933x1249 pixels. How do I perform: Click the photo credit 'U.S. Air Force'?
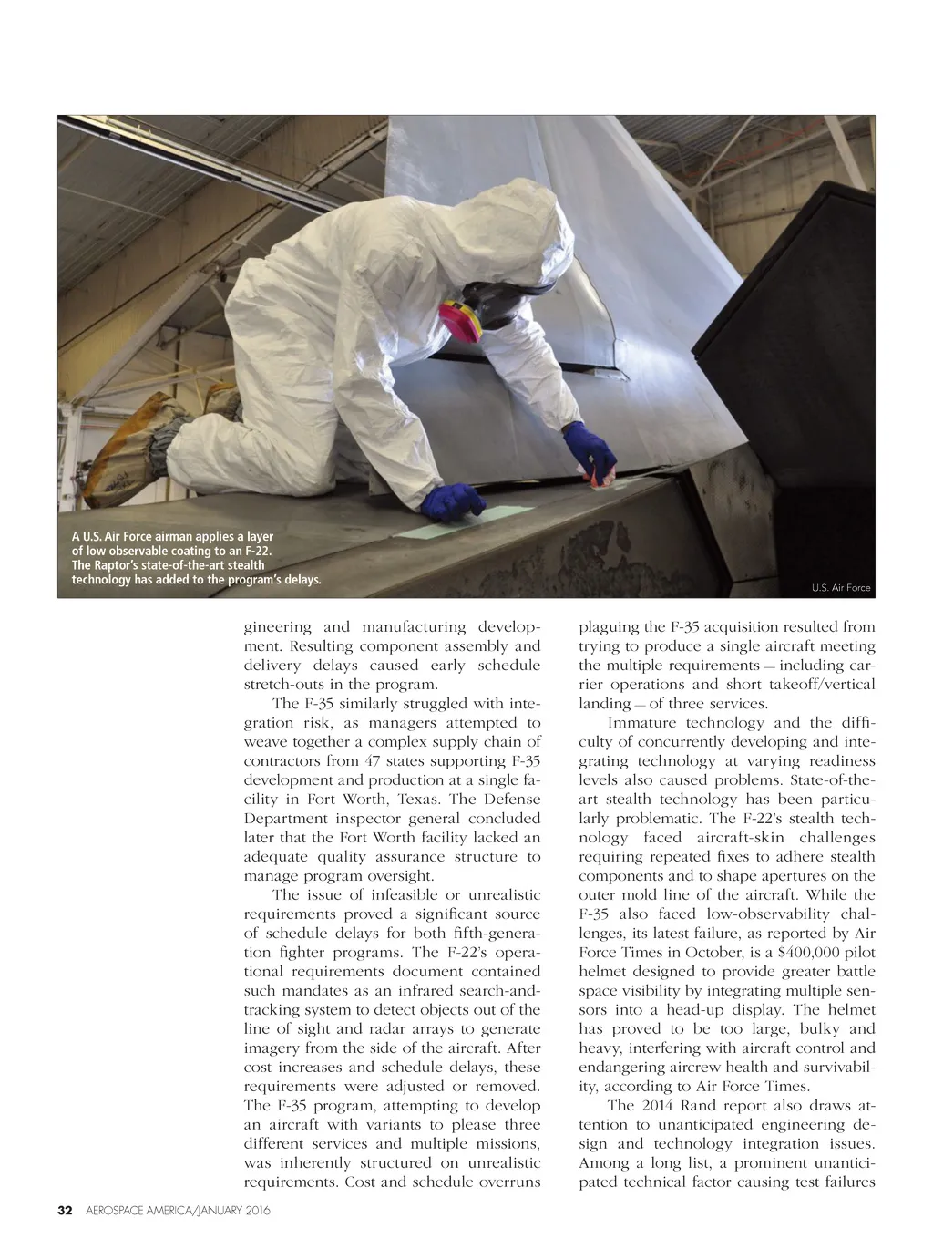(841, 588)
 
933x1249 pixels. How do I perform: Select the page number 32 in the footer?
(65, 1211)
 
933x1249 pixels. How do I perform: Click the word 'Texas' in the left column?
(415, 799)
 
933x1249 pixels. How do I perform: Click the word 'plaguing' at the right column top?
(609, 627)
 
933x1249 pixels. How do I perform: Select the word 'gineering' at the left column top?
(277, 627)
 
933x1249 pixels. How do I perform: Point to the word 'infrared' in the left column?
(408, 990)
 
